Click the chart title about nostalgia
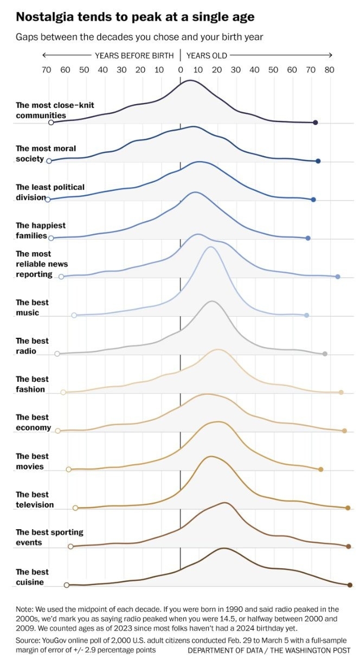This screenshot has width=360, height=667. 135,17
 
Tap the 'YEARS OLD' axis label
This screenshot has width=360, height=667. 207,55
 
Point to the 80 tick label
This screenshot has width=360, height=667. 329,69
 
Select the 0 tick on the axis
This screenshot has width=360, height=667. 180,69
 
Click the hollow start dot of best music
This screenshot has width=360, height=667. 74,315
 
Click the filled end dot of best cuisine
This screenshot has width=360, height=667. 350,585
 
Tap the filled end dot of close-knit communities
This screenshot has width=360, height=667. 316,123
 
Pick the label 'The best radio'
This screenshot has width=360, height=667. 33,346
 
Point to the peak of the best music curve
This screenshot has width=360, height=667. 210,247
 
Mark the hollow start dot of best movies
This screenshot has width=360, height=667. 69,469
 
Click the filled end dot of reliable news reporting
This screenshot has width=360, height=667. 338,277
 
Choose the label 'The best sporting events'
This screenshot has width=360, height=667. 49,537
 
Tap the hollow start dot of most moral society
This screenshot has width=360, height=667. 49,161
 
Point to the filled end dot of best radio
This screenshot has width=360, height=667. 325,354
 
